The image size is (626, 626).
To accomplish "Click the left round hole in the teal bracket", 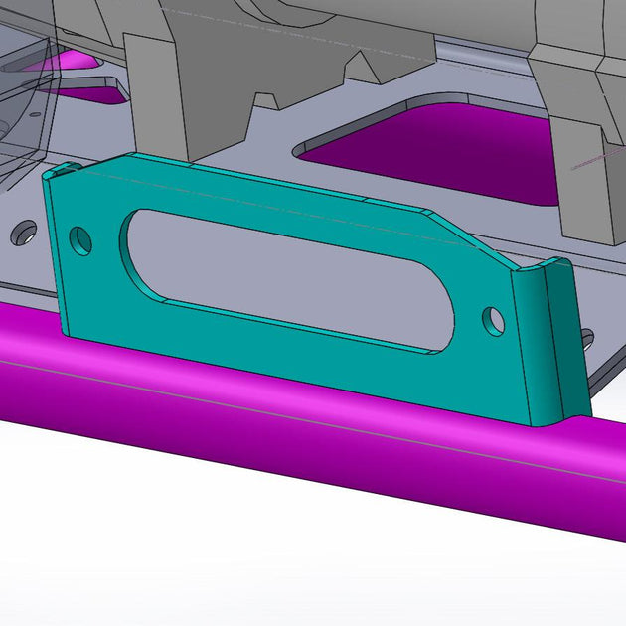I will point(81,240).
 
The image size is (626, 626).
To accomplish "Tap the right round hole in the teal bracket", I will point(494,320).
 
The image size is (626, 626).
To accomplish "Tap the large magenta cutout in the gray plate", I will point(437,149).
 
